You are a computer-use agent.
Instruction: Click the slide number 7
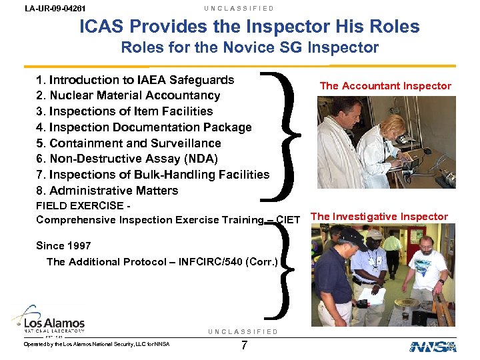pyautogui.click(x=245, y=345)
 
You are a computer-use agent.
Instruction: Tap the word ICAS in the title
pyautogui.click(x=103, y=27)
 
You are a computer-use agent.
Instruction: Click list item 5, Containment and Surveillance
pyautogui.click(x=128, y=143)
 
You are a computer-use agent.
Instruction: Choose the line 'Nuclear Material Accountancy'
pyautogui.click(x=135, y=95)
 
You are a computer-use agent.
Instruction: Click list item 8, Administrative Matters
pyautogui.click(x=107, y=191)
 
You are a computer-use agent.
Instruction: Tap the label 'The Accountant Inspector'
pyautogui.click(x=385, y=85)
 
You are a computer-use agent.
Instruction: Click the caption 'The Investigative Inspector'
pyautogui.click(x=379, y=216)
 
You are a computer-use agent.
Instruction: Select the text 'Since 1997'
pyautogui.click(x=63, y=245)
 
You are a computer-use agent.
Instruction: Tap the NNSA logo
pyautogui.click(x=433, y=346)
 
